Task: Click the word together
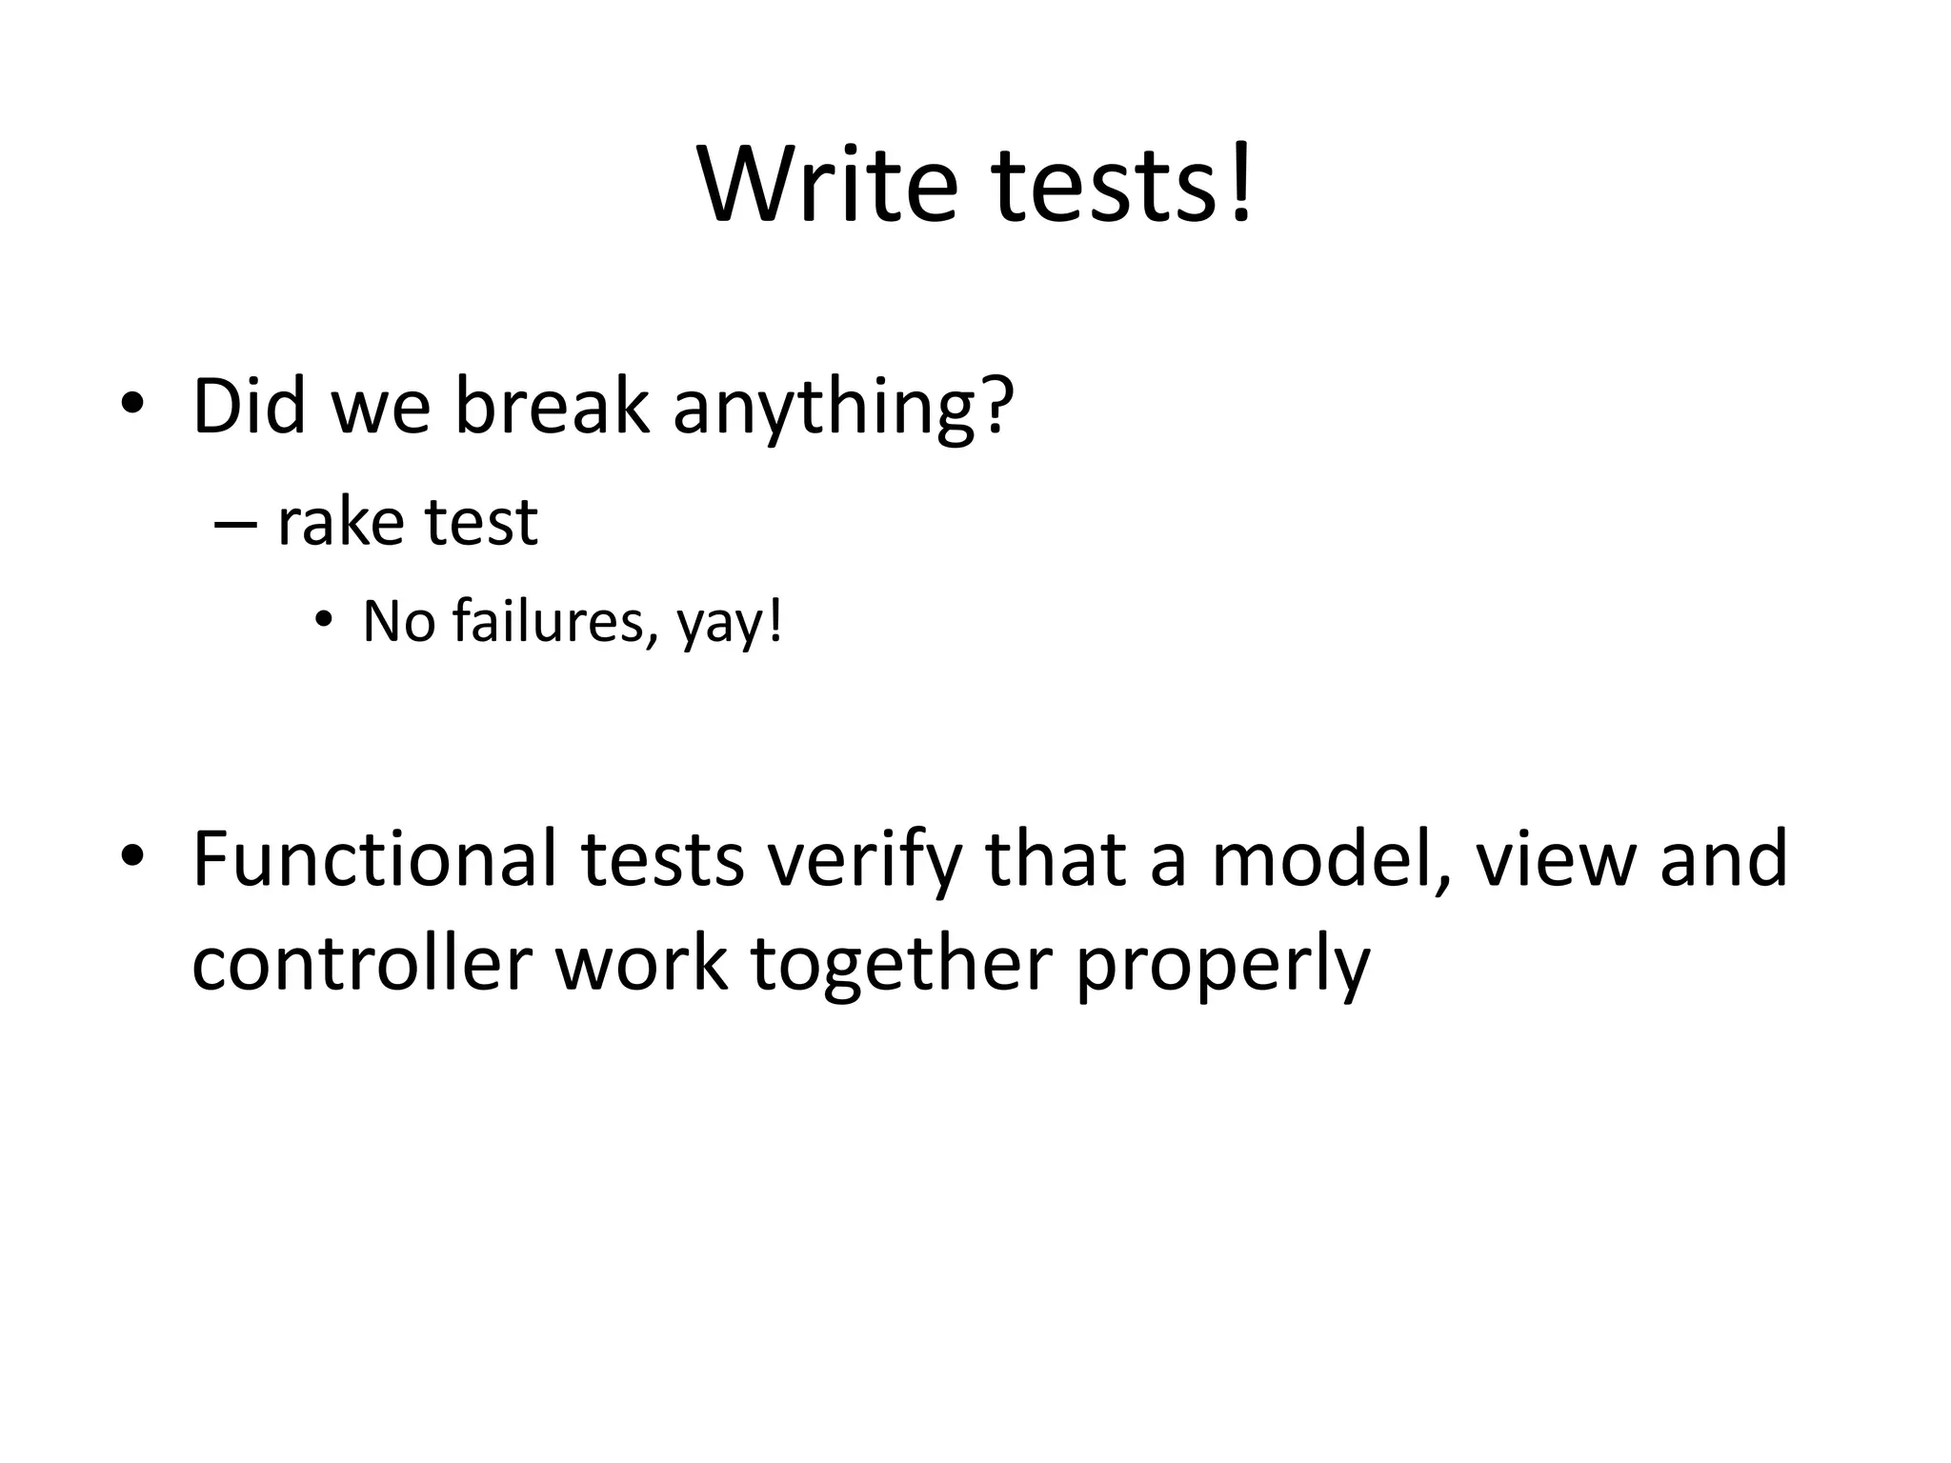pyautogui.click(x=901, y=965)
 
